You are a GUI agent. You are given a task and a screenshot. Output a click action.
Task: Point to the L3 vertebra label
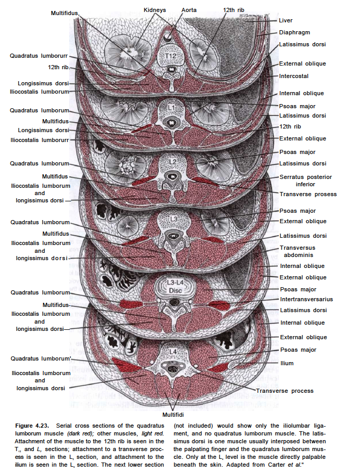coord(172,217)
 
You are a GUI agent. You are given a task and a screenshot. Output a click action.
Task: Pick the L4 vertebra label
coord(172,351)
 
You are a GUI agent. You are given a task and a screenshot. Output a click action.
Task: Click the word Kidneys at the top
coord(155,10)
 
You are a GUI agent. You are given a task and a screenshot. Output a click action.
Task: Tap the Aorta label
coord(189,10)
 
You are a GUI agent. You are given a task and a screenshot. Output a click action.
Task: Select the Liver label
coord(286,21)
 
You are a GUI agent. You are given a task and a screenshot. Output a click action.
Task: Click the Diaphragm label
coord(294,32)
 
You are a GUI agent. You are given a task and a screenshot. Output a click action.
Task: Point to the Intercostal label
coord(293,76)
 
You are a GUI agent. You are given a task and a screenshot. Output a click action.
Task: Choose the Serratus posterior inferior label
coord(305,181)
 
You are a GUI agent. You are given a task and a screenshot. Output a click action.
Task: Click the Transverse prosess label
coord(308,195)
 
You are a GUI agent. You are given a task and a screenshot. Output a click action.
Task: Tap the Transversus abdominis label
coord(298,252)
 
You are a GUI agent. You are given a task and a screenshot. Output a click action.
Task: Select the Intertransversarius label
coord(306,300)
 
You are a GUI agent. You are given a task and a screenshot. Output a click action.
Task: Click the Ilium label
coord(287,363)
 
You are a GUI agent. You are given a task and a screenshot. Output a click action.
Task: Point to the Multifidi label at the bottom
coord(172,415)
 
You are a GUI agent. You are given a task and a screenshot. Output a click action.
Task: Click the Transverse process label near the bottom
coord(285,391)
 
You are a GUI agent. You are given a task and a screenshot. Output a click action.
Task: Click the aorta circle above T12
coord(168,37)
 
